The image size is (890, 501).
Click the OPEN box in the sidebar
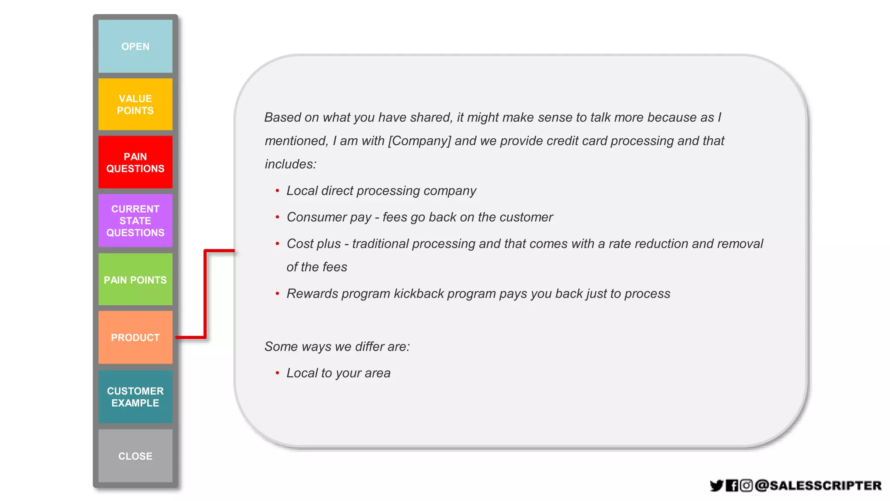click(x=135, y=46)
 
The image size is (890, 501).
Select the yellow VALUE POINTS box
click(x=135, y=104)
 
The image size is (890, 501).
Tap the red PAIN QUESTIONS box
click(x=135, y=162)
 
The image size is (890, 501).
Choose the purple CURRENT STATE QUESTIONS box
click(x=135, y=220)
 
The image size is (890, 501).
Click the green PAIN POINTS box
click(x=135, y=280)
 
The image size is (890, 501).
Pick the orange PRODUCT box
click(x=135, y=337)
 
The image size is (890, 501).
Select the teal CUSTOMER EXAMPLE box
click(x=135, y=397)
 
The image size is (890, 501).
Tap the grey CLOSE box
click(x=135, y=456)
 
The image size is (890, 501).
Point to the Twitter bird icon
click(x=716, y=485)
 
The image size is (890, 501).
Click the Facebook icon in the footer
click(x=732, y=485)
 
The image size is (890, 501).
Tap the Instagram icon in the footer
click(x=746, y=485)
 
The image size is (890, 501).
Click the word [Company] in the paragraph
click(x=419, y=141)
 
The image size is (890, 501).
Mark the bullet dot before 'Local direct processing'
click(x=277, y=191)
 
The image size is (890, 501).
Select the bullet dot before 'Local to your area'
click(x=277, y=373)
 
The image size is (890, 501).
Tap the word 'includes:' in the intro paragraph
click(x=290, y=164)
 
